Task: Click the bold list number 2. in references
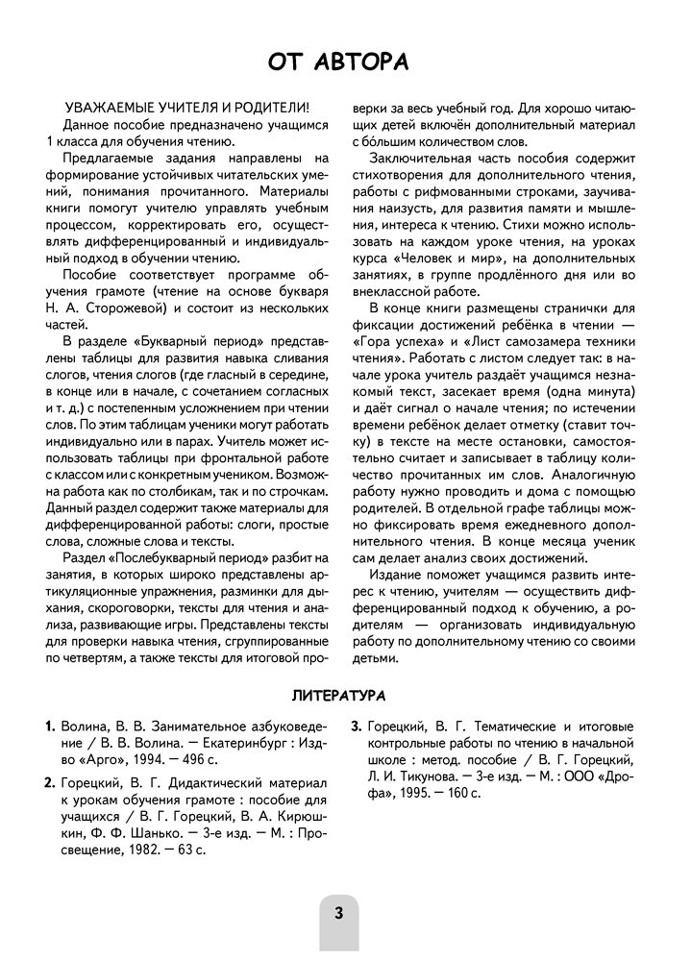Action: click(x=51, y=780)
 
